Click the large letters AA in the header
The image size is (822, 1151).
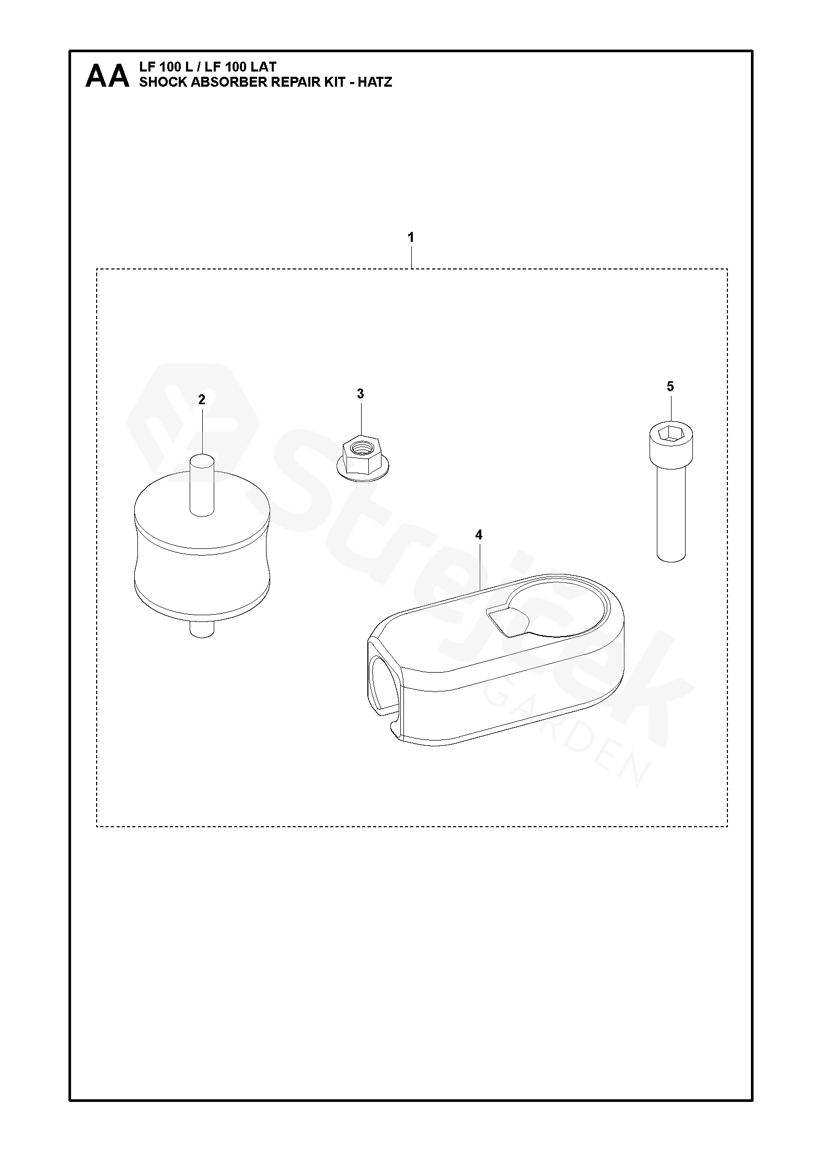[x=107, y=76]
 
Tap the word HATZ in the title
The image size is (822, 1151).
[x=375, y=82]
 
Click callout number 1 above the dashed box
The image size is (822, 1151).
[x=411, y=238]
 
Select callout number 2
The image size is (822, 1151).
[x=202, y=400]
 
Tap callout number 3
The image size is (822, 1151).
[x=361, y=394]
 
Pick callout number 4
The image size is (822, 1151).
[x=479, y=535]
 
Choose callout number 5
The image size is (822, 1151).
[x=670, y=387]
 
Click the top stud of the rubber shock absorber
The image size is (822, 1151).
[x=202, y=485]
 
